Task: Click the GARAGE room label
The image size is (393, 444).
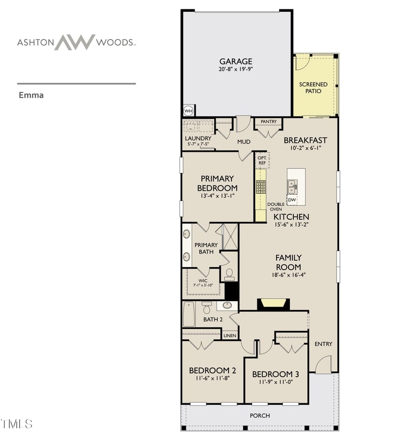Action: point(236,61)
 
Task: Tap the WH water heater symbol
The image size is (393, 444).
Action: point(188,111)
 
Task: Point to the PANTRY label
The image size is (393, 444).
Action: point(269,122)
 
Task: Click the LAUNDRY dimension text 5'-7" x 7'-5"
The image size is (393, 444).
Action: point(198,144)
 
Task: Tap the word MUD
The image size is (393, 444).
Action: point(244,142)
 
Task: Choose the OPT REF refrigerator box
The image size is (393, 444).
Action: point(262,160)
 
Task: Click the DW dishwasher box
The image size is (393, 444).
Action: point(292,200)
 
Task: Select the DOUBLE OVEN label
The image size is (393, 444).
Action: point(276,207)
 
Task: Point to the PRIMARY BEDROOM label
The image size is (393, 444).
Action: point(217,183)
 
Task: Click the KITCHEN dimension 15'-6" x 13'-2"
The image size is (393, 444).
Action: point(291,225)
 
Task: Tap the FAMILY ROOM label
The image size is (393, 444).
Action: point(288,262)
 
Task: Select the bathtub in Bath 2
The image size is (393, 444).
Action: point(189,314)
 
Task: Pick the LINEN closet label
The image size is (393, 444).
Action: point(230,336)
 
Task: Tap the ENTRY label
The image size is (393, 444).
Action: point(324,344)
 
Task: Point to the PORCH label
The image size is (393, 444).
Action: point(260,416)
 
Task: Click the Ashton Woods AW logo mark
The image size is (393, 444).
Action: point(74,42)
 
